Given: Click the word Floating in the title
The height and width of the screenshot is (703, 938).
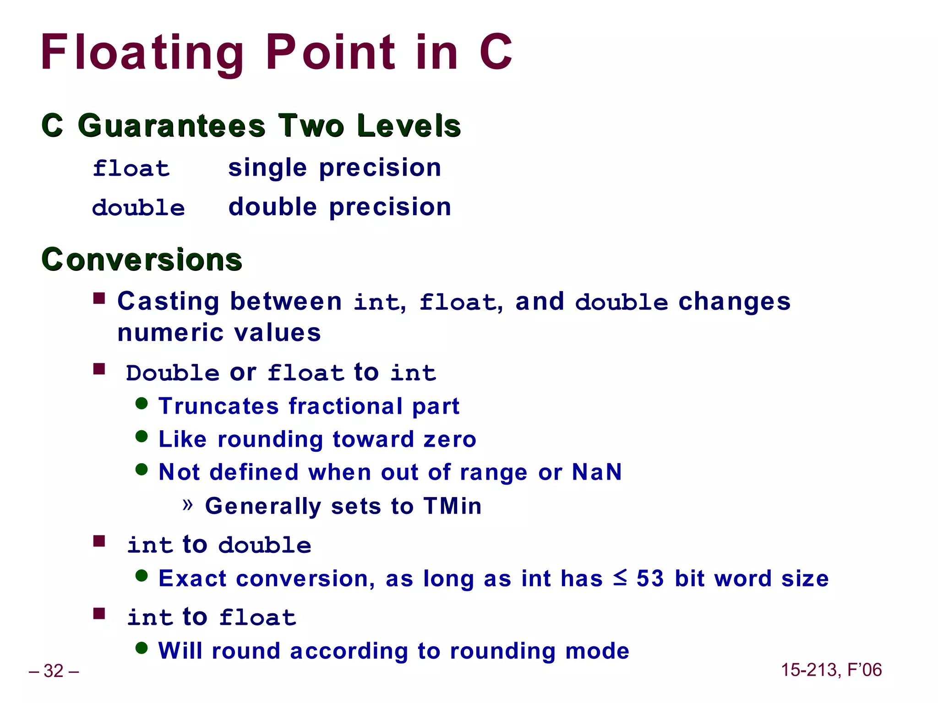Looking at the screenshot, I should pos(142,53).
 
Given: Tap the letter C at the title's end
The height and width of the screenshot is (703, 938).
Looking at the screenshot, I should pos(496,53).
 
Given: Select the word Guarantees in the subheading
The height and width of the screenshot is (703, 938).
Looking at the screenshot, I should pos(171,125).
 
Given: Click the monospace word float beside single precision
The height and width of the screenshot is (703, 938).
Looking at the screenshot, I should pos(131,168).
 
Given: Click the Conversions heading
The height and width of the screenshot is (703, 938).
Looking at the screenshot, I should pos(142,260).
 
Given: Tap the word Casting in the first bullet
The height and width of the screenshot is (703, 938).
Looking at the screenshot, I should pos(168,302).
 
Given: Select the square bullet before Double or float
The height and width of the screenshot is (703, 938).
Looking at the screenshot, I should pos(99,369).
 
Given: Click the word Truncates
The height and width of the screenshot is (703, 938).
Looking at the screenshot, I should pos(218,406).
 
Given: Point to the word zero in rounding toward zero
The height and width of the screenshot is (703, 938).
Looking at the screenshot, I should pos(450,439).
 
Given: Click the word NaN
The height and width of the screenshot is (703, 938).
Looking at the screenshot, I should pos(597,472).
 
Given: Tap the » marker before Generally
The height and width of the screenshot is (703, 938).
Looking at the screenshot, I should pos(187,505).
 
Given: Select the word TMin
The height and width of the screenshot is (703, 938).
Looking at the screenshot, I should pos(452,506).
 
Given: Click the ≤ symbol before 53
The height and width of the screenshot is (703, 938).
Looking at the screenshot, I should pos(620,578).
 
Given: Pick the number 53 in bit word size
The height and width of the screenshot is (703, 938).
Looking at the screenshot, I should pos(650,579).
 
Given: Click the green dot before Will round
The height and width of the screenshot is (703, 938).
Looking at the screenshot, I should pos(142,648).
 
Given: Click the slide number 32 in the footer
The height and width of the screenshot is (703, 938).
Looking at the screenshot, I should pos(54,671).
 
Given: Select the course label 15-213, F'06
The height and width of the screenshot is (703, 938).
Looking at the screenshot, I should pos(831,670).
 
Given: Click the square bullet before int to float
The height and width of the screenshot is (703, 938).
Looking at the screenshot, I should pos(99,613).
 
